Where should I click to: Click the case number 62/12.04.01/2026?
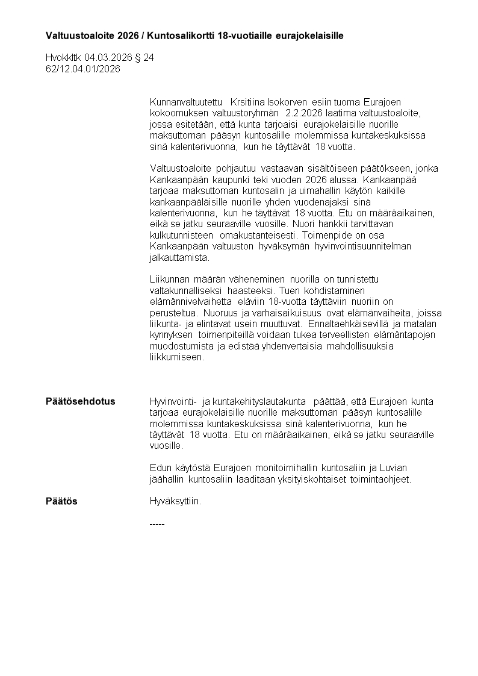click(83, 69)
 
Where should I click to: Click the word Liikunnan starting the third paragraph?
click(169, 280)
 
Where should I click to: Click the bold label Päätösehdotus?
click(81, 402)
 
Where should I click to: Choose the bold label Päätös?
click(61, 501)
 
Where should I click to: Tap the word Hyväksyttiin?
click(175, 501)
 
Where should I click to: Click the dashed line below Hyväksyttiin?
click(157, 524)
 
